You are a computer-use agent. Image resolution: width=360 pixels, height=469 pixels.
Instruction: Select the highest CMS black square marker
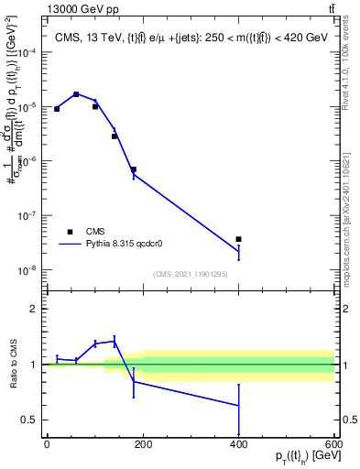pos(76,94)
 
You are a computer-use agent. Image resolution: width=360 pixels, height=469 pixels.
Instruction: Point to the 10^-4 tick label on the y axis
pos(27,53)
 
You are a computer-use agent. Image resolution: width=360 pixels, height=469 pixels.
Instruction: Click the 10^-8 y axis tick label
pos(27,270)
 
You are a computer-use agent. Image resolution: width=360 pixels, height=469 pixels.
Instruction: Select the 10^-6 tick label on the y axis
pos(27,162)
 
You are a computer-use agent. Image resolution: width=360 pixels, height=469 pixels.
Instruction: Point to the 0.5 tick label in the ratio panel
pos(29,420)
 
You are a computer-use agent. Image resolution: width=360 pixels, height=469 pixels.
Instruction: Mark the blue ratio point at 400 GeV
pos(238,405)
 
